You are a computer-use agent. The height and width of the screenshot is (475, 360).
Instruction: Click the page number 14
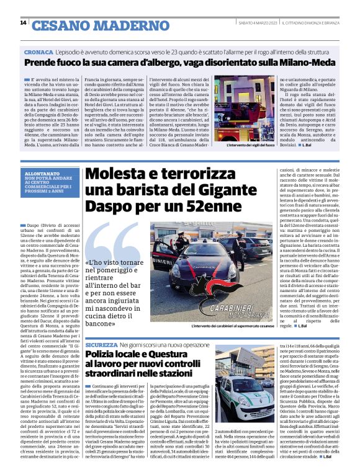pyautogui.click(x=23, y=24)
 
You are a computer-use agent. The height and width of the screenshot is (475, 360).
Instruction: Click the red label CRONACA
pyautogui.click(x=38, y=53)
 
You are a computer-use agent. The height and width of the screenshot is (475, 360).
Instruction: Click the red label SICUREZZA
pyautogui.click(x=101, y=344)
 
